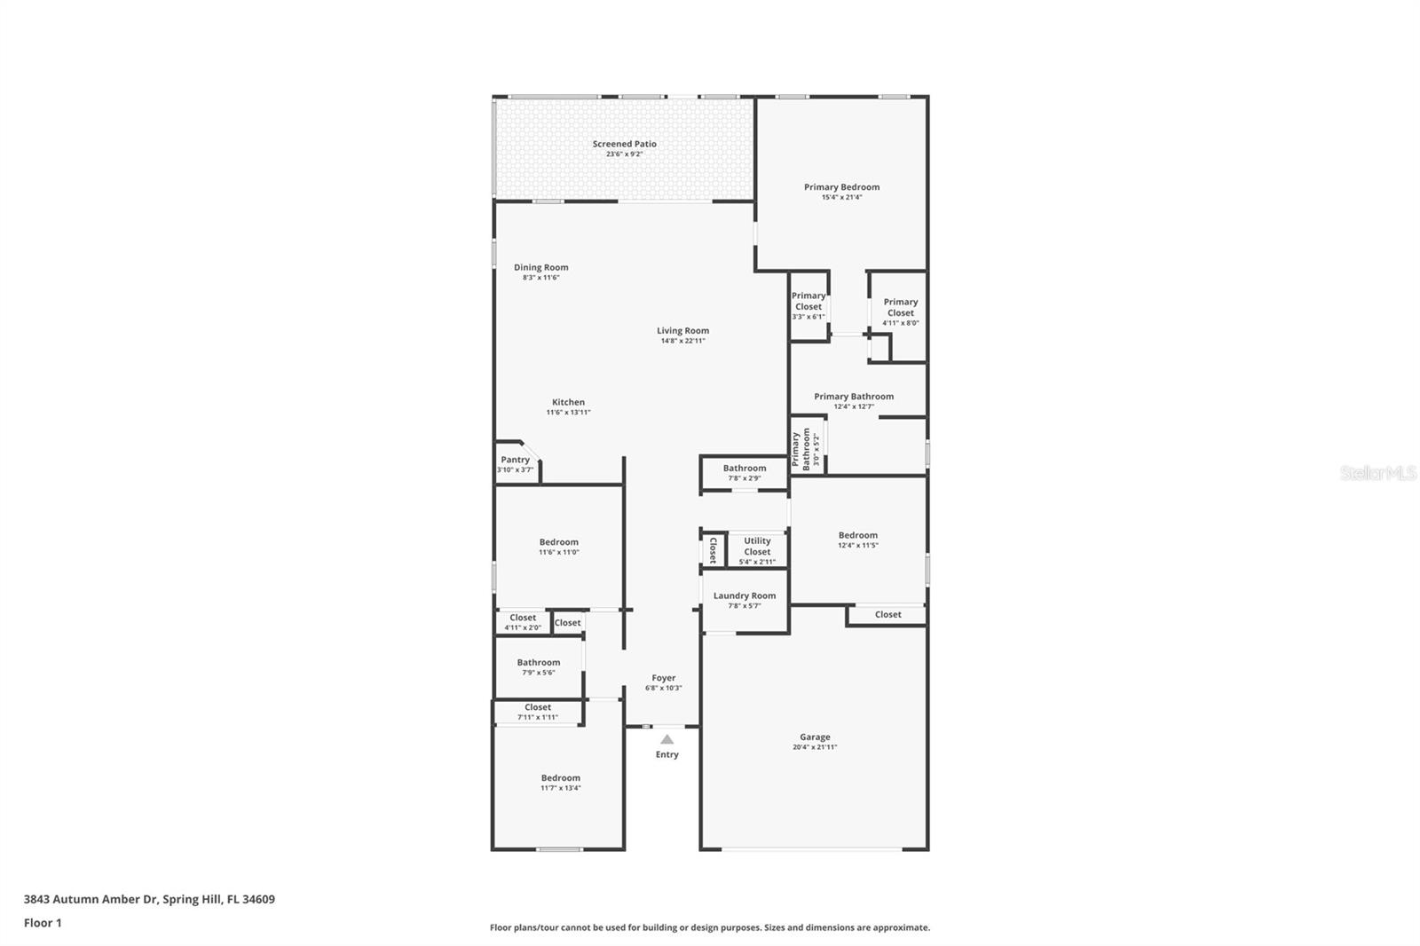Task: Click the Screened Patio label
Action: point(624,144)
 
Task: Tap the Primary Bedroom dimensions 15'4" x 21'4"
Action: point(841,198)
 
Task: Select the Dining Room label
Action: point(540,267)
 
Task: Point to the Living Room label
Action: point(682,331)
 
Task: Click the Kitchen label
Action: point(568,402)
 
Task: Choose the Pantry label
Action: point(515,460)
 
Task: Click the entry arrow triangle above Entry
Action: point(667,739)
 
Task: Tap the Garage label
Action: point(815,737)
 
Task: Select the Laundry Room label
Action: point(744,595)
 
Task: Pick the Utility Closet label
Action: point(757,546)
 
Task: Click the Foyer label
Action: point(663,678)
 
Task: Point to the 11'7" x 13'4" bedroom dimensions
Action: point(561,788)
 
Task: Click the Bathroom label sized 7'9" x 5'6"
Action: point(538,662)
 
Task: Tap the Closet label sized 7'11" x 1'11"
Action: point(537,707)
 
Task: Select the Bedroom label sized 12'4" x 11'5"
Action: point(857,535)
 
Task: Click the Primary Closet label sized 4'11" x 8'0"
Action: point(900,307)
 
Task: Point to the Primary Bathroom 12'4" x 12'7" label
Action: point(853,397)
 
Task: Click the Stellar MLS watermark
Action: point(1377,473)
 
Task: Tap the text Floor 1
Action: point(43,923)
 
